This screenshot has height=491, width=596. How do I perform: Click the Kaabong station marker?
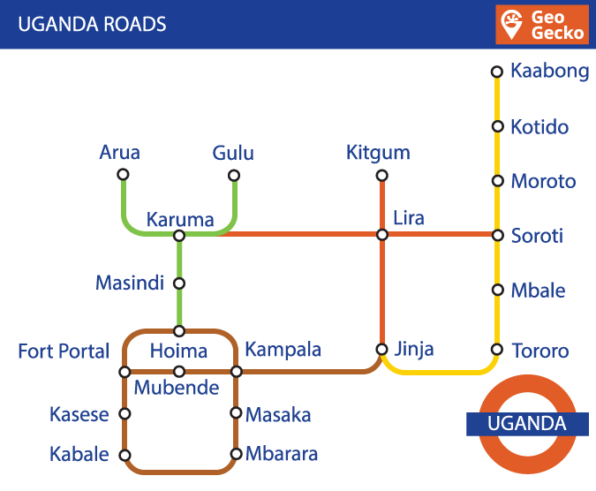496,72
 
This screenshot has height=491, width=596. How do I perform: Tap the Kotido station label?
539,127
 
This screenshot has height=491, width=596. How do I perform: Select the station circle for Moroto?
496,182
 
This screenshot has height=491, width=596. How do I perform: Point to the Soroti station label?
537,237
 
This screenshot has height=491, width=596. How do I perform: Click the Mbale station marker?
496,291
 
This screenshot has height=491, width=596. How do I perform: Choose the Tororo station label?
540,351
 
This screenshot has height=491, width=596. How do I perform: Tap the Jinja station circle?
382,349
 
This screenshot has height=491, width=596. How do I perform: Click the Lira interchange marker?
382,235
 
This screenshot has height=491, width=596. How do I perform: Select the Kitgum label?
378,153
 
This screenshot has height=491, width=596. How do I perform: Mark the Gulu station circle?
235,175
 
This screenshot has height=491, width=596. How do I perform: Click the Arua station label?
120,153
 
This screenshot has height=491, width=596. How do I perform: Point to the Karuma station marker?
179,236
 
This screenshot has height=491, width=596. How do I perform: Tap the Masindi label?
130,283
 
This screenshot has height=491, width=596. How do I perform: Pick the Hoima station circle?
179,331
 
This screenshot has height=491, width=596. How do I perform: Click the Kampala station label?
283,349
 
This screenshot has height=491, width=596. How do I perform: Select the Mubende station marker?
179,372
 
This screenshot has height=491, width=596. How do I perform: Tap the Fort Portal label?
64,351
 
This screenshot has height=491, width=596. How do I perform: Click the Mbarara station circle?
236,455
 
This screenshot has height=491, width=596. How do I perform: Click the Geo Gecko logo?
542,25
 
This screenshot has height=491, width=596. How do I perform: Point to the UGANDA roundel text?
527,424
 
